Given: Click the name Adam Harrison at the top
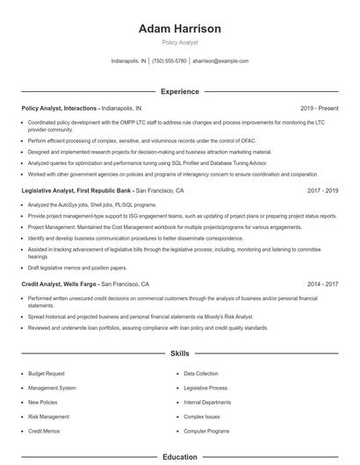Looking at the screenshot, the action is [x=180, y=29].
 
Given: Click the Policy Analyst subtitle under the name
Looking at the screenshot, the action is [x=180, y=43].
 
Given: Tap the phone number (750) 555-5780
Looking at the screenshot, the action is [x=169, y=61].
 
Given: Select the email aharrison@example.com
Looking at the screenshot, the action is [x=220, y=61].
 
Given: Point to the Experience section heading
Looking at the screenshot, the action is [x=180, y=91].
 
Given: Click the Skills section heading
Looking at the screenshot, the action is [x=180, y=354].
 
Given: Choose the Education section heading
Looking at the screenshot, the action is [x=180, y=457].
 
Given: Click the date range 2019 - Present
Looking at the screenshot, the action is [x=319, y=108].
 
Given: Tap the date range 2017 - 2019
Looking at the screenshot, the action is [x=323, y=190].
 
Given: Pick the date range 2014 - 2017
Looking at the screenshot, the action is [x=323, y=284].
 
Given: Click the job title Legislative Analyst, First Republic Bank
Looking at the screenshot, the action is [x=77, y=190].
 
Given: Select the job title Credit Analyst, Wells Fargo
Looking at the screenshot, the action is [x=60, y=284].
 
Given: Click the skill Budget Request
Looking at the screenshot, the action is [x=46, y=373].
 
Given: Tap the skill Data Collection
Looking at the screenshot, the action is [x=201, y=373].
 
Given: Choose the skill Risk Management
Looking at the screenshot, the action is [x=48, y=417].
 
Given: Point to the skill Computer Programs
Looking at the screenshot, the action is [x=206, y=431].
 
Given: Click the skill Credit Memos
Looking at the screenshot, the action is [x=44, y=431].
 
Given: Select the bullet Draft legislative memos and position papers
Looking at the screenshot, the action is [x=77, y=268].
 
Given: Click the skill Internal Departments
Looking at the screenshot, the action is [x=207, y=402].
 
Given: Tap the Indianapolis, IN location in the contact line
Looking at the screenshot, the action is [x=129, y=61].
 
